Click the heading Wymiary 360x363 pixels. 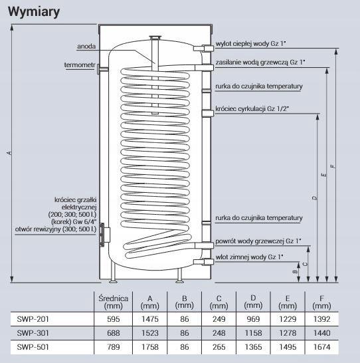[34, 11]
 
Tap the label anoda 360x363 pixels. [86, 47]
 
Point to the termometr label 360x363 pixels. [80, 65]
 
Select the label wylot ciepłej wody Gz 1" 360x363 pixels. [250, 44]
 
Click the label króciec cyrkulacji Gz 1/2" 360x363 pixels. [252, 108]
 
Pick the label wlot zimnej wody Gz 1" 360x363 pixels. [249, 257]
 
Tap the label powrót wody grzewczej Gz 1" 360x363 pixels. [258, 241]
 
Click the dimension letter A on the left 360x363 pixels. [9, 153]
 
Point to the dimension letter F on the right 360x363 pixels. [333, 166]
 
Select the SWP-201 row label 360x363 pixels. [33, 319]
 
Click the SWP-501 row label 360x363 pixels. [33, 347]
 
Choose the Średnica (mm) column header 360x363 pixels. [114, 302]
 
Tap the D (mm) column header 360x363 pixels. [253, 302]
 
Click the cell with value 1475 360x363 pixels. [150, 319]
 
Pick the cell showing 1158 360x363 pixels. [254, 333]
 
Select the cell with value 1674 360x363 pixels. [322, 347]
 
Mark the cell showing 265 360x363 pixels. [219, 347]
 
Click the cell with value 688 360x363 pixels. [114, 333]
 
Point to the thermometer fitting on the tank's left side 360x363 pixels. [102, 69]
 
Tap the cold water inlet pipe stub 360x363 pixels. [203, 262]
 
